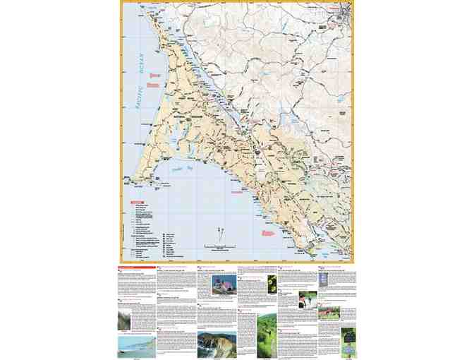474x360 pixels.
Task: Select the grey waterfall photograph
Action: (124, 319)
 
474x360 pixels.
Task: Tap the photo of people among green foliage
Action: (308, 299)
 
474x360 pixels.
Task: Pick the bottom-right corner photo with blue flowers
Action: (348, 338)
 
